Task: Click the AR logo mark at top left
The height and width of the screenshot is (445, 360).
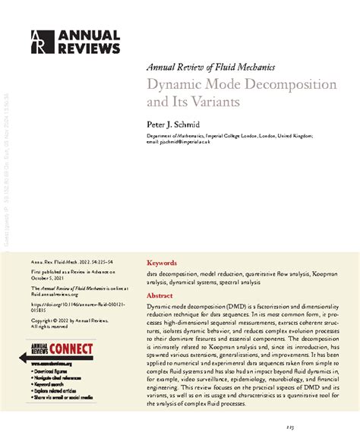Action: [39, 43]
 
